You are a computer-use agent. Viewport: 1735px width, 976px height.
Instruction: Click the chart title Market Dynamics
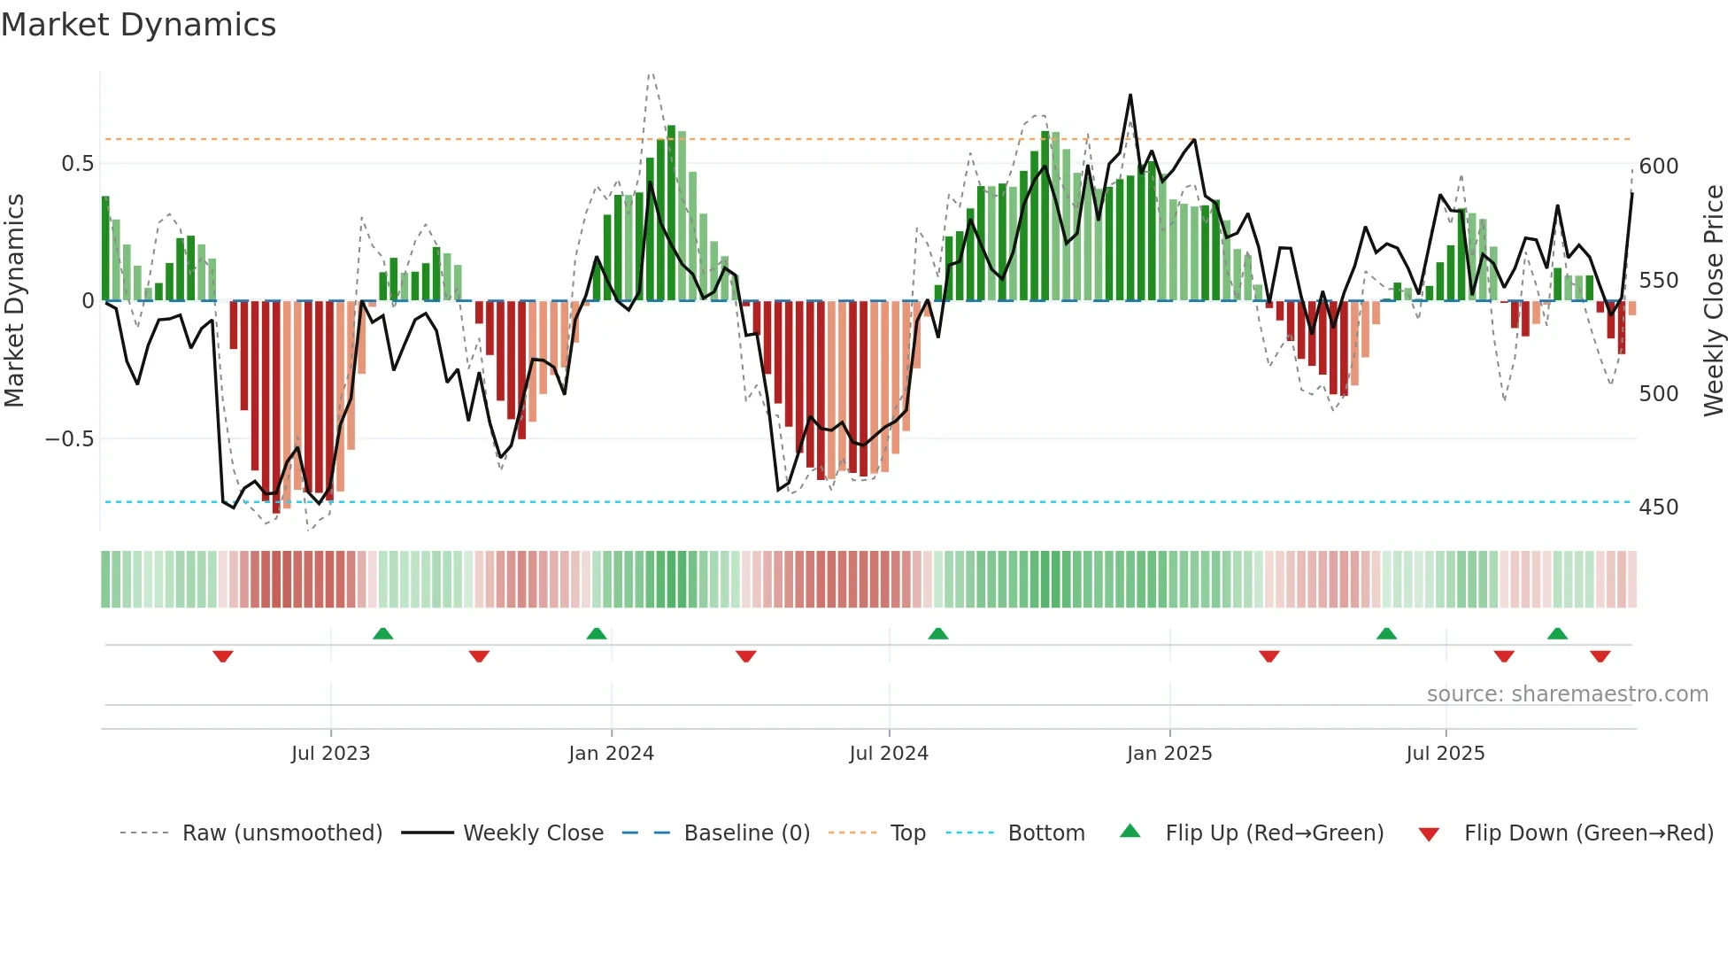pos(139,25)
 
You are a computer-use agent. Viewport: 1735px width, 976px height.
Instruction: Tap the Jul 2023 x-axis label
pos(330,754)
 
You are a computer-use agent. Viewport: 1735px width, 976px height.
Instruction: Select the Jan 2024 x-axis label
pos(611,754)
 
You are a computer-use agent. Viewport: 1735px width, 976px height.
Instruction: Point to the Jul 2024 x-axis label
pos(889,754)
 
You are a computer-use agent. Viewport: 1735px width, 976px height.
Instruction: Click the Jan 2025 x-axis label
pos(1169,754)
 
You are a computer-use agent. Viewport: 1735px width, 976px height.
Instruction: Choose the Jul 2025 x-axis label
pos(1446,754)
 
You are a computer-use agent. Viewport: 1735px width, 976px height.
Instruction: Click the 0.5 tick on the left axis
pos(78,164)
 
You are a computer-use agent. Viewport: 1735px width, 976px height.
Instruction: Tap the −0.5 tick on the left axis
pos(70,439)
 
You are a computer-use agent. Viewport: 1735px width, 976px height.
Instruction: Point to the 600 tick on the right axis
pos(1659,167)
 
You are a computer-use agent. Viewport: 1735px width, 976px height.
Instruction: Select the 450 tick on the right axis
pos(1659,507)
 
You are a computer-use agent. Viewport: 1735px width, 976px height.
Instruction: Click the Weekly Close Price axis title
pos(1714,300)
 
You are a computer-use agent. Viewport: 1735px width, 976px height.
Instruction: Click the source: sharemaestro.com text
pos(1567,694)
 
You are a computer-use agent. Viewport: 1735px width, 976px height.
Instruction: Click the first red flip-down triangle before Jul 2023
pos(223,656)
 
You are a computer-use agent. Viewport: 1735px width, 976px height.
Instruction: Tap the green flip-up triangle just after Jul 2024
pos(938,633)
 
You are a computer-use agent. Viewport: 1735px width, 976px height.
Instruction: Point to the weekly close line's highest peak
pos(1130,96)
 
